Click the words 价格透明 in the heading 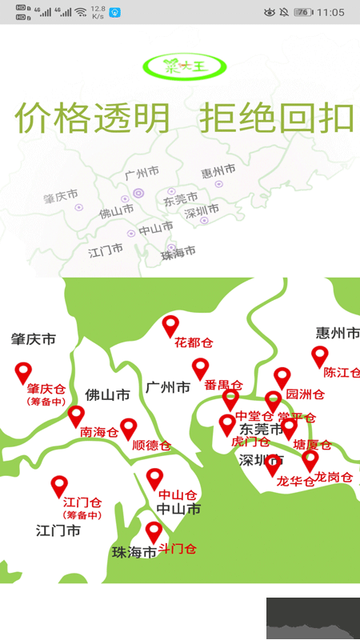pyautogui.click(x=94, y=118)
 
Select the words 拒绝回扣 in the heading pyautogui.click(x=277, y=118)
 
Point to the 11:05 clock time pyautogui.click(x=330, y=12)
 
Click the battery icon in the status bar pyautogui.click(x=303, y=12)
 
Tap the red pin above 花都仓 pyautogui.click(x=170, y=326)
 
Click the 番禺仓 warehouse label pyautogui.click(x=223, y=385)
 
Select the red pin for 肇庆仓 pyautogui.click(x=24, y=372)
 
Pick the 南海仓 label pyautogui.click(x=99, y=432)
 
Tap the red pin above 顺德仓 pyautogui.click(x=129, y=429)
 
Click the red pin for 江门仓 pyautogui.click(x=59, y=486)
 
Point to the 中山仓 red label pyautogui.click(x=178, y=494)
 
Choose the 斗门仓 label pyautogui.click(x=177, y=549)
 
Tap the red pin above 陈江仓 pyautogui.click(x=320, y=356)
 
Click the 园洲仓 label pyautogui.click(x=305, y=394)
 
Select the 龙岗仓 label pyautogui.click(x=333, y=477)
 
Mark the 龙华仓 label pyautogui.click(x=295, y=481)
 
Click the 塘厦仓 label pyautogui.click(x=312, y=445)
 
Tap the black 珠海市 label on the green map pyautogui.click(x=134, y=552)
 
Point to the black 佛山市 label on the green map pyautogui.click(x=107, y=395)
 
